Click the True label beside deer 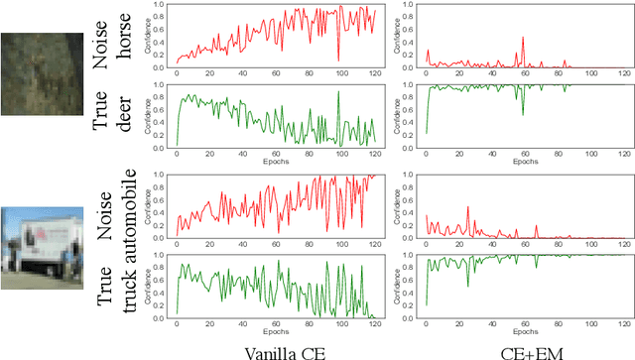click(x=101, y=115)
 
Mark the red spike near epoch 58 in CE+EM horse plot click(x=523, y=39)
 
